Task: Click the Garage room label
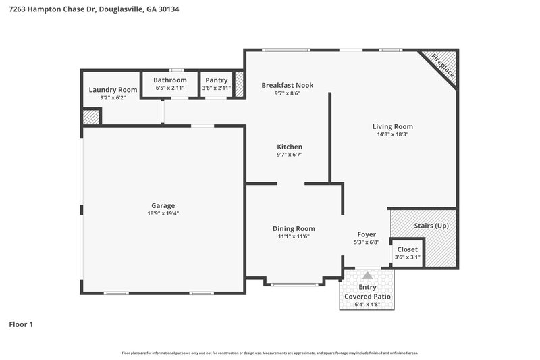click(x=163, y=205)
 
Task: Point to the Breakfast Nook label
click(x=288, y=85)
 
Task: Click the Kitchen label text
click(x=290, y=147)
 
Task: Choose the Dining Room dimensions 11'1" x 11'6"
click(x=294, y=237)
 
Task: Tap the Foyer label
click(x=367, y=234)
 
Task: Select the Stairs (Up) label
click(x=431, y=225)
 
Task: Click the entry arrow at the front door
click(x=367, y=276)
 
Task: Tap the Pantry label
click(x=217, y=80)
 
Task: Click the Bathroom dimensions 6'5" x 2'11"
click(x=169, y=88)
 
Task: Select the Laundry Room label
click(x=113, y=89)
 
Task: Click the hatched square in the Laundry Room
click(x=90, y=117)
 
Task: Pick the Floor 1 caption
click(x=21, y=324)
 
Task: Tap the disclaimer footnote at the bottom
click(x=269, y=353)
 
